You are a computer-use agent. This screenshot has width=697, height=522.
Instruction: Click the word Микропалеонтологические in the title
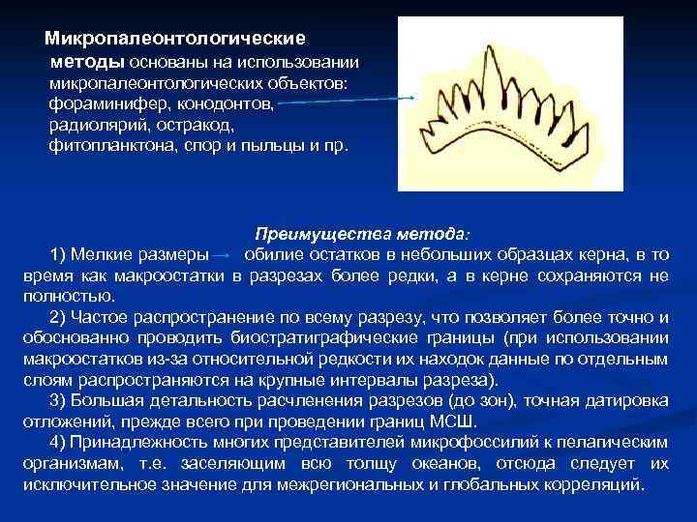point(175,40)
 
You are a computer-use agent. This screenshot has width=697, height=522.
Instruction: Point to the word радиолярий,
point(94,126)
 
